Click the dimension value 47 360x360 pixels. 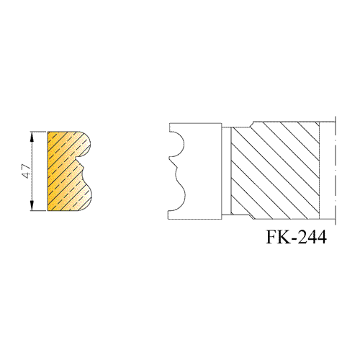point(27,171)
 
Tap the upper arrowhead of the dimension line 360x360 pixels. point(32,137)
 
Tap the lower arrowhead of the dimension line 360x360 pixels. point(32,206)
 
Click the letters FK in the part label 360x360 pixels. point(279,237)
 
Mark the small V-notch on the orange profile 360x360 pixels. point(82,165)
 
